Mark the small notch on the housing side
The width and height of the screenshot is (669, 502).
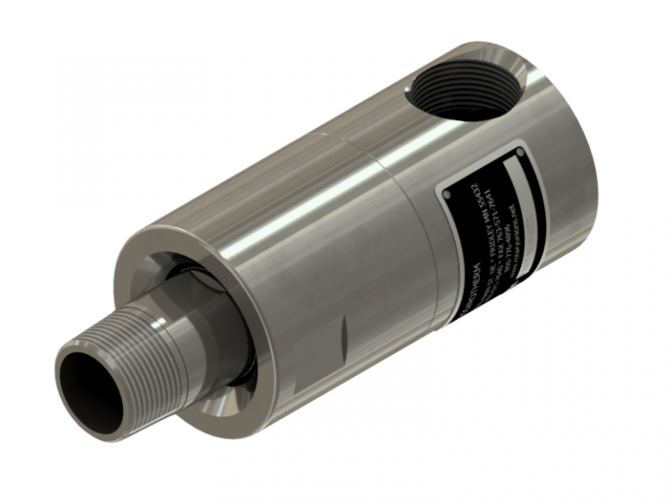(345, 330)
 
